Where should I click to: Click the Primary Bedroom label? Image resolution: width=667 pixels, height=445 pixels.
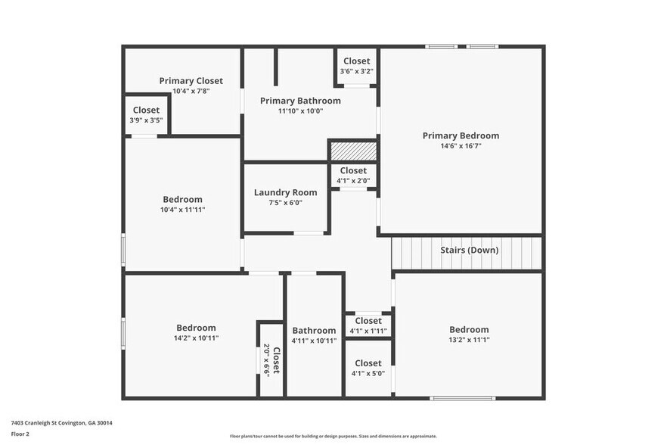click(x=461, y=135)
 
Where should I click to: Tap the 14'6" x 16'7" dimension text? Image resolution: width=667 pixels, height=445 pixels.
click(x=461, y=146)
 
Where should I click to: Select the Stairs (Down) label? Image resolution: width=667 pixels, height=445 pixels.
click(x=470, y=250)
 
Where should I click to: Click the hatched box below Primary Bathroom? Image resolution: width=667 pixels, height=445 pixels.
click(x=353, y=151)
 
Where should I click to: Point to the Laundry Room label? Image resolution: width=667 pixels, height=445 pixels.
click(x=285, y=192)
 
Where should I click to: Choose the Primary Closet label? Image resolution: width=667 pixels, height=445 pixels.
click(x=191, y=80)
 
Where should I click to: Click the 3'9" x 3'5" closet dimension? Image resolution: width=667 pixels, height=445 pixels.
click(x=146, y=120)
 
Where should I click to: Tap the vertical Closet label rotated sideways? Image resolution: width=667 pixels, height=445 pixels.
click(x=275, y=361)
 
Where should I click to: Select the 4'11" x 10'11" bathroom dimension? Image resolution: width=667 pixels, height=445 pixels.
click(x=314, y=341)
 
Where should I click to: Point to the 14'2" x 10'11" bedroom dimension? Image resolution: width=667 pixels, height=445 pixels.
click(x=196, y=338)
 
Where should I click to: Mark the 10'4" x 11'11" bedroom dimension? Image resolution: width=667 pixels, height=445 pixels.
click(x=182, y=210)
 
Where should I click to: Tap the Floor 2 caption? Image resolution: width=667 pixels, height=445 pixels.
click(x=20, y=434)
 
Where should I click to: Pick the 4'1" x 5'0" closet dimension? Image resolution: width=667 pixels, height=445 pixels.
click(x=368, y=373)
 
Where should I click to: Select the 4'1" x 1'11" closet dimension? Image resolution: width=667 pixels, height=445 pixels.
click(x=368, y=331)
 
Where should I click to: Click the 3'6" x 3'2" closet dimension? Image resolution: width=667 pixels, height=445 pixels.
click(x=356, y=71)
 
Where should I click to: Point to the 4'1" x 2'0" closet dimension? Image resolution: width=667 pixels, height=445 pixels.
click(x=353, y=181)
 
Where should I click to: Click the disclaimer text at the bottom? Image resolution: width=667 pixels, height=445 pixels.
click(x=333, y=436)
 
